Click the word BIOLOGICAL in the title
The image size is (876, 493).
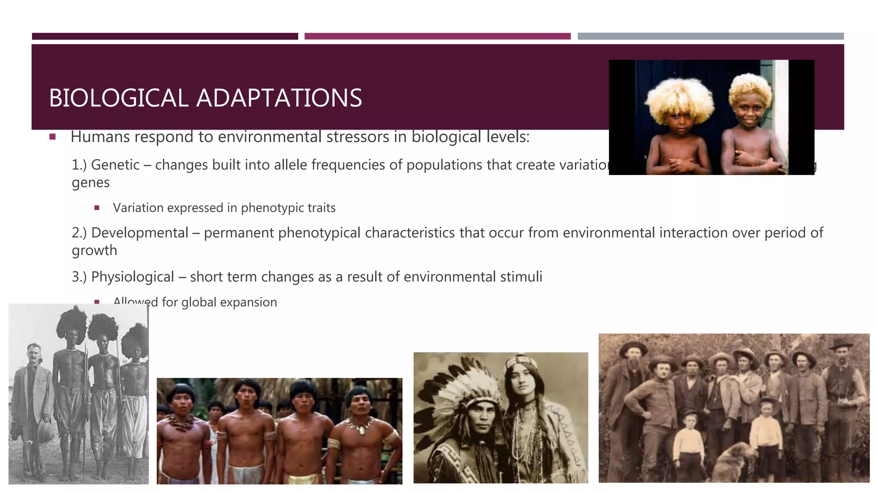coord(118,98)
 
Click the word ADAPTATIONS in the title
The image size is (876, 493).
coord(279,98)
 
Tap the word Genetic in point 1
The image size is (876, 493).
coord(115,165)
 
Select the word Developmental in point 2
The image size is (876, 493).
coord(139,233)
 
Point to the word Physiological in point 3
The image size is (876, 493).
coord(132,277)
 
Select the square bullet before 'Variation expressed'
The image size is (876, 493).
coord(97,208)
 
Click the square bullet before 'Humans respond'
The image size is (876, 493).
coord(53,137)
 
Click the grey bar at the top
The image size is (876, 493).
coord(710,36)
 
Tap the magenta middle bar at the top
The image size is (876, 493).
coord(437,36)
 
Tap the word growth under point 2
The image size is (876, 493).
coord(94,250)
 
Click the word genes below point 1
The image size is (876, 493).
coord(91,183)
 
